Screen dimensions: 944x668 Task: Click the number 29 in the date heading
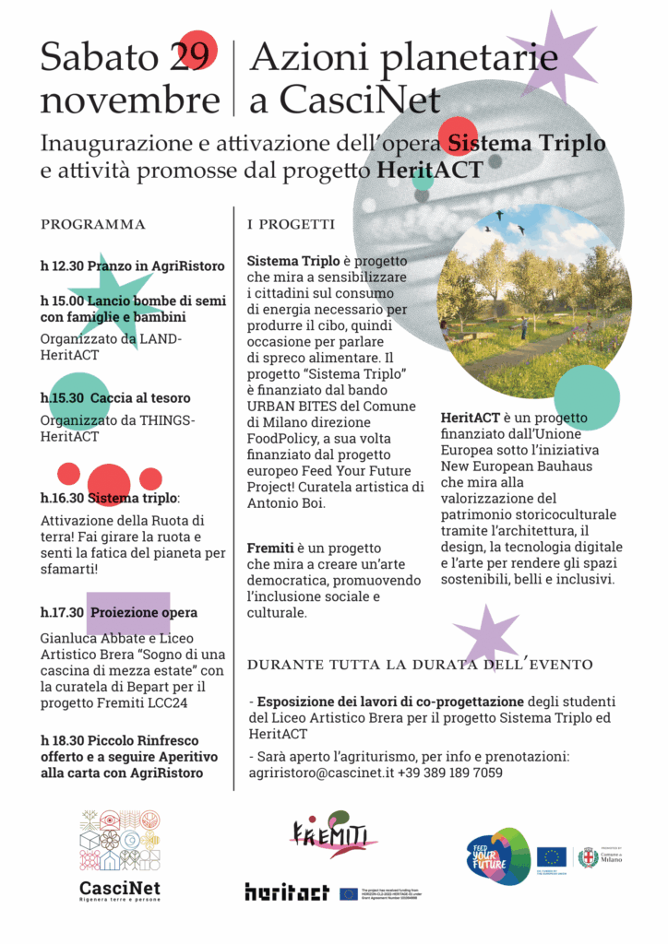[189, 57]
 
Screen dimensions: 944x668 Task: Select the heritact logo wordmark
[287, 892]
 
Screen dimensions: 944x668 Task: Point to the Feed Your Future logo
[497, 856]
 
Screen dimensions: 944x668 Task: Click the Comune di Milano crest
[588, 857]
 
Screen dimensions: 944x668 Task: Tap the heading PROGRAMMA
[93, 224]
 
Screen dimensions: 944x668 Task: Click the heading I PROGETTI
[292, 225]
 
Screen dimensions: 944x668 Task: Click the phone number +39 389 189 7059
[451, 773]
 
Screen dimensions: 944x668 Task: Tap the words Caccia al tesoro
[140, 398]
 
